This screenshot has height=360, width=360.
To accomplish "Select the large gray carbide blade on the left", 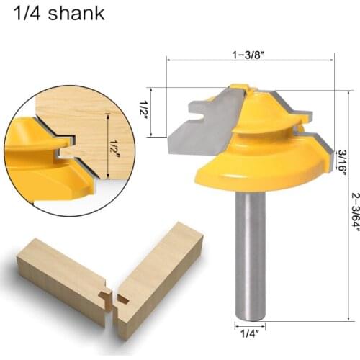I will (198, 126).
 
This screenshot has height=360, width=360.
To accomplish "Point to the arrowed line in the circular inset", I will (107, 144).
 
